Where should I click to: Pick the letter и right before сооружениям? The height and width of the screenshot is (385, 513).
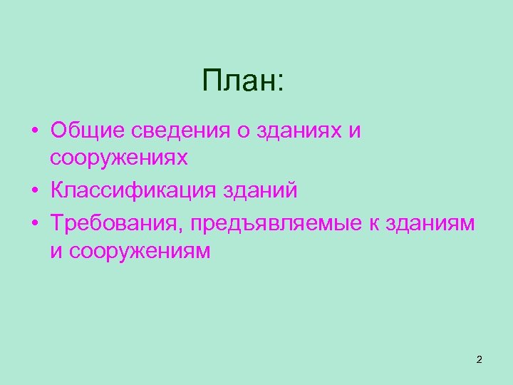pos(56,251)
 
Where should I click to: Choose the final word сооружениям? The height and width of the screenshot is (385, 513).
pos(140,251)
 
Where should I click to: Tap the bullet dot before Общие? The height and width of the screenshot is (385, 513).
pos(34,133)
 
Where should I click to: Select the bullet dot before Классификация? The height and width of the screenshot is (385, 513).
pos(34,192)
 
